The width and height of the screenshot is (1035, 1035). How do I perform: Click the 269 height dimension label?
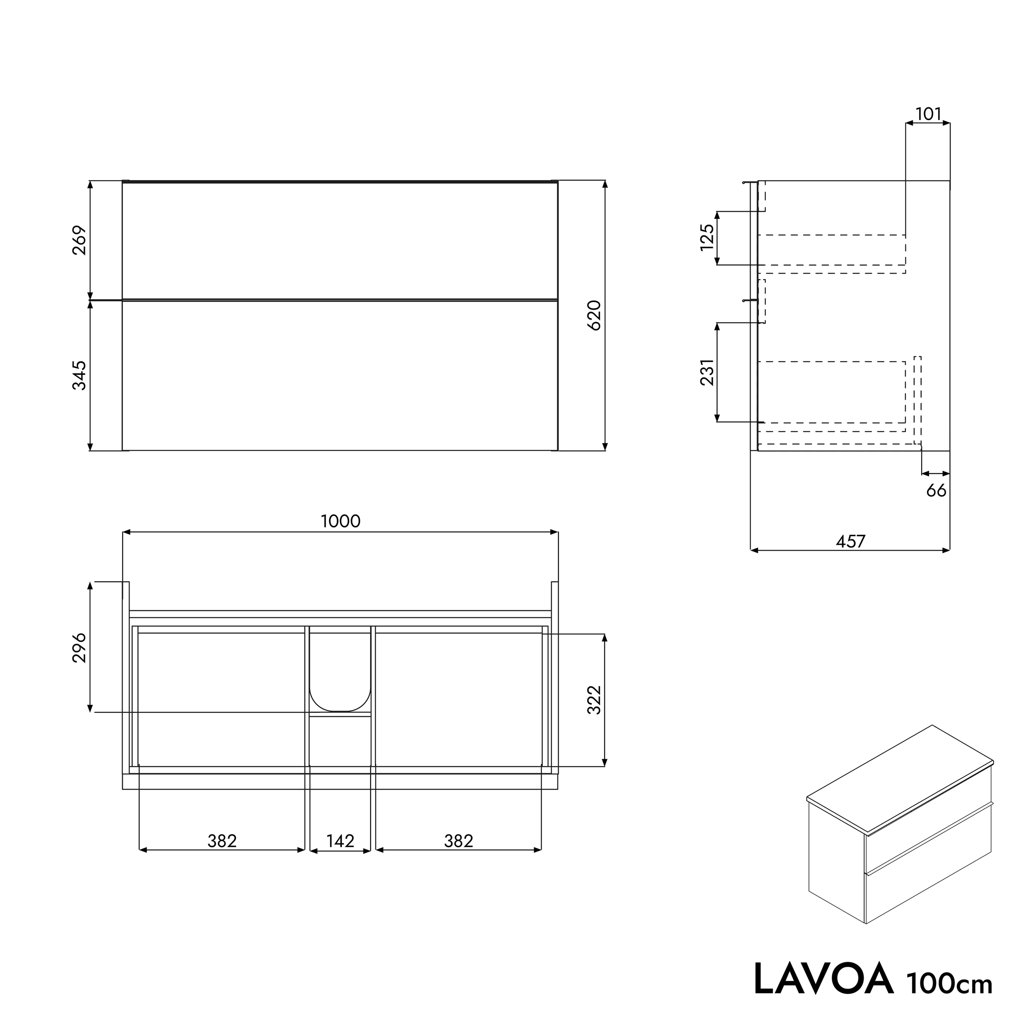[79, 241]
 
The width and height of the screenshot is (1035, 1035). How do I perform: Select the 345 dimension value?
[79, 375]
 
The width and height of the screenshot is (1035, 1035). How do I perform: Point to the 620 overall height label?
[595, 315]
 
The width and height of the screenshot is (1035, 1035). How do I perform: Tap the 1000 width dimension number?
[340, 521]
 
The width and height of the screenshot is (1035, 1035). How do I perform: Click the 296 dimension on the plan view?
[79, 647]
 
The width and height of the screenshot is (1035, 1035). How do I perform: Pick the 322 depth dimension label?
[595, 700]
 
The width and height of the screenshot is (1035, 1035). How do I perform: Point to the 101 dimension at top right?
[928, 114]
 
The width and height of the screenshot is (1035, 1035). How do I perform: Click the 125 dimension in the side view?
[707, 237]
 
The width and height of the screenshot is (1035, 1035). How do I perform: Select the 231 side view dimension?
[707, 372]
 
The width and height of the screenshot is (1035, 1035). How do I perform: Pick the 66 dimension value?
[936, 490]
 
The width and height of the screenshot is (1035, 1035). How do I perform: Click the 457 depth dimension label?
[850, 542]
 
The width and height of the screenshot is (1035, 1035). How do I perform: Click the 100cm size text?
[949, 983]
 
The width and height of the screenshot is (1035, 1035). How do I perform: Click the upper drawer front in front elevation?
[340, 241]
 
